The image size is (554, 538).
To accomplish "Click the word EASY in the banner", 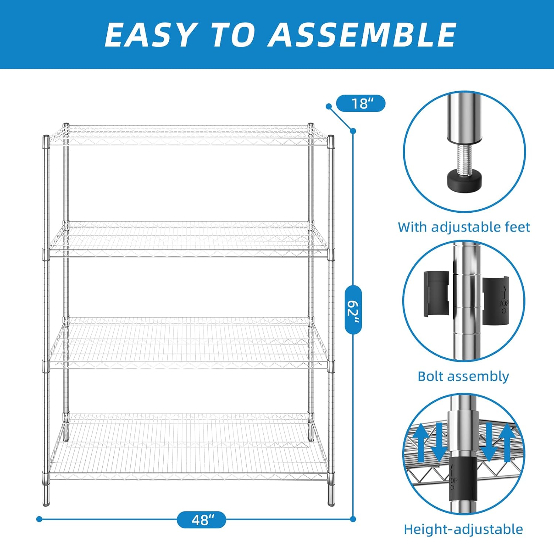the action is pos(150,34).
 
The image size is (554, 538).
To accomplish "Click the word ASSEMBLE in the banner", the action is pos(363,34).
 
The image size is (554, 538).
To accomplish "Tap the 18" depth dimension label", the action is pos(361,103).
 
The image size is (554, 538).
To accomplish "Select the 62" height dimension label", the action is pos(353,309).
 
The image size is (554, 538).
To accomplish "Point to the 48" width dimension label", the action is pos(201,520).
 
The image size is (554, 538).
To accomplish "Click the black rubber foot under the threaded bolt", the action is pos(464,181).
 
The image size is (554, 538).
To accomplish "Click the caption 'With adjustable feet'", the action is pos(464,227).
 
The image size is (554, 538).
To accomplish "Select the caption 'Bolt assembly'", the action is pos(463,376).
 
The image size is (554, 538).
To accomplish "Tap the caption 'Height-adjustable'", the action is pos(463,529).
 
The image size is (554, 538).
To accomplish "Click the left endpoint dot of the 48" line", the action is pos(40,519).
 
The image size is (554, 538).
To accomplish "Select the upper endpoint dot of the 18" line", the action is pos(329,106).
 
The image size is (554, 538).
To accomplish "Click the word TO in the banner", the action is pos(232,34).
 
